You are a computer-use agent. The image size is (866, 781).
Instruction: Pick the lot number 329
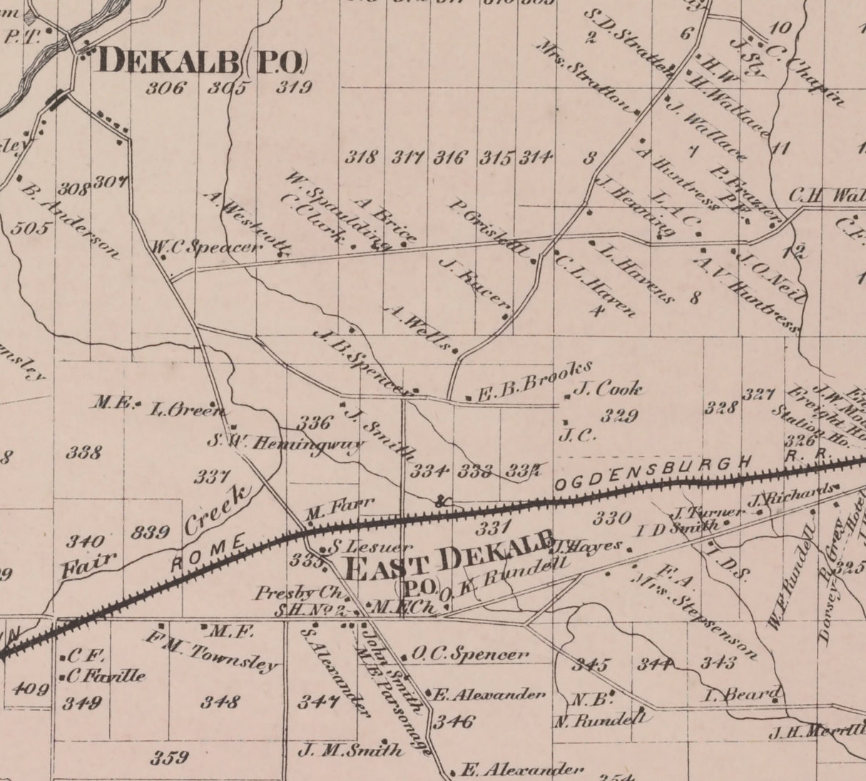pyautogui.click(x=619, y=416)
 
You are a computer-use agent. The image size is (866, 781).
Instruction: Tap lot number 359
pyautogui.click(x=169, y=757)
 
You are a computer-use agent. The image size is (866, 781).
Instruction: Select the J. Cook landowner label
pyautogui.click(x=607, y=389)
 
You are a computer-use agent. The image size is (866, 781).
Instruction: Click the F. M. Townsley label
pyautogui.click(x=212, y=651)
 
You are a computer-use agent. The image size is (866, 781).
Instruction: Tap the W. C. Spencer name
pyautogui.click(x=207, y=247)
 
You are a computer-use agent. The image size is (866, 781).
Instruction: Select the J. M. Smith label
pyautogui.click(x=350, y=749)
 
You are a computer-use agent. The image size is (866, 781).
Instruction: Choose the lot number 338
pyautogui.click(x=83, y=451)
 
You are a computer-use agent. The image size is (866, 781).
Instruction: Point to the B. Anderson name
pyautogui.click(x=70, y=221)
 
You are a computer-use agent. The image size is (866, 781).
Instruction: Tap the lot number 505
pyautogui.click(x=31, y=229)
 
